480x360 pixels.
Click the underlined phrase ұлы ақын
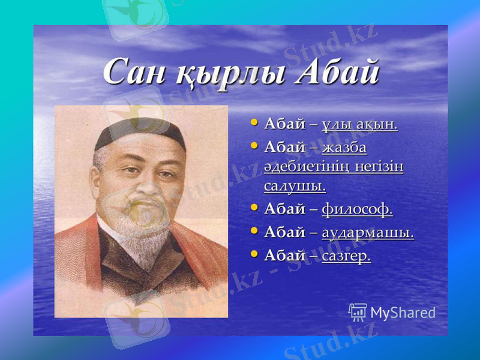point(359,125)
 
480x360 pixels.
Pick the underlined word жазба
point(344,148)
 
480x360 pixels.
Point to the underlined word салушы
point(295,186)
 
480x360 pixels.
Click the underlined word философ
point(357,210)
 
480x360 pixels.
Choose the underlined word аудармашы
point(367,233)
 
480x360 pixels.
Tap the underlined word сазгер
point(346,256)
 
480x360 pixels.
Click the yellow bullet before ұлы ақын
point(254,124)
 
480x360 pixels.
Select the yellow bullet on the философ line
point(254,209)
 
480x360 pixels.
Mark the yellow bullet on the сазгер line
point(254,255)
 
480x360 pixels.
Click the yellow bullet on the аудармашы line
point(254,232)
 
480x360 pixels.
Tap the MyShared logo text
point(403,313)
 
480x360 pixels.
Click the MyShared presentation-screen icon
point(358,311)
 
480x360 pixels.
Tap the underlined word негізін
point(377,167)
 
